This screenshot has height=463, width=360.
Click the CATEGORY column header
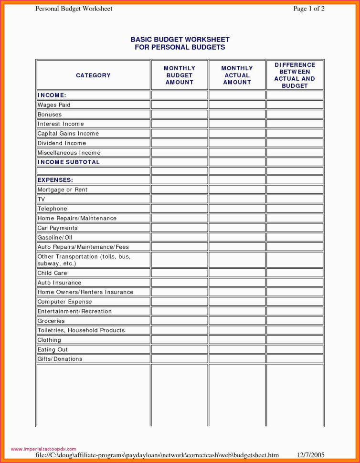click(93, 75)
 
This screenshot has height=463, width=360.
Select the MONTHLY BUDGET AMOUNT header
click(180, 75)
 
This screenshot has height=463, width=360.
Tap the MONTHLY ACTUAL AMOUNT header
click(237, 75)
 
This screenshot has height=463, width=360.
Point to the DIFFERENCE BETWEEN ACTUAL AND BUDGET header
click(295, 75)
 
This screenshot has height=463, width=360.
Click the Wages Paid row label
click(54, 105)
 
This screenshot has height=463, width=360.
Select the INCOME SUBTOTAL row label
click(69, 162)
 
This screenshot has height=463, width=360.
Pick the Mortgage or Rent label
click(63, 190)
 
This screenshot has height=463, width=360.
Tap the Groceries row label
click(51, 321)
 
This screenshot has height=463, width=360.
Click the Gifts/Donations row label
click(60, 359)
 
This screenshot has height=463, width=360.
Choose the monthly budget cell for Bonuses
click(180, 115)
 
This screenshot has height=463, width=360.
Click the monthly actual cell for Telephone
click(237, 209)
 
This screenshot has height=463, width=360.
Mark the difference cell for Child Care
click(295, 273)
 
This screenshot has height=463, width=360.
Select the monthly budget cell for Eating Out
click(180, 349)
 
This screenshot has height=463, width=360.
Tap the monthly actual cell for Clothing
click(237, 340)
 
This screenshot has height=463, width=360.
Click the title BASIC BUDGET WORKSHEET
click(180, 40)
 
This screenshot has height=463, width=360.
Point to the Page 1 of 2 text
click(309, 9)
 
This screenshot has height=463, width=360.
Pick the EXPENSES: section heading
click(55, 180)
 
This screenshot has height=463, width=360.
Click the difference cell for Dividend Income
click(295, 143)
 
